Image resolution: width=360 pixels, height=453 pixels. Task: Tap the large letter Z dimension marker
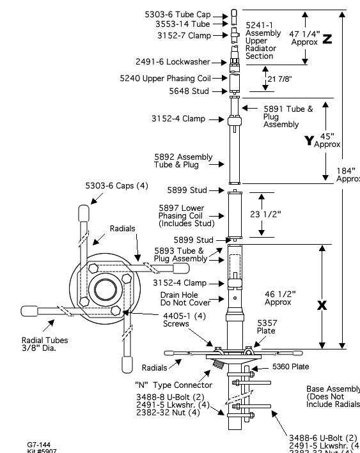point(327,39)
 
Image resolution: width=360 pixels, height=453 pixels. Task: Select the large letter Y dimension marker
point(309,141)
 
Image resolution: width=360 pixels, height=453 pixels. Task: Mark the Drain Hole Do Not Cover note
point(181,299)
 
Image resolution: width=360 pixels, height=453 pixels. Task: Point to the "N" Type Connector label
point(173,385)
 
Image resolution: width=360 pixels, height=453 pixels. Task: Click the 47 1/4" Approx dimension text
point(304,37)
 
